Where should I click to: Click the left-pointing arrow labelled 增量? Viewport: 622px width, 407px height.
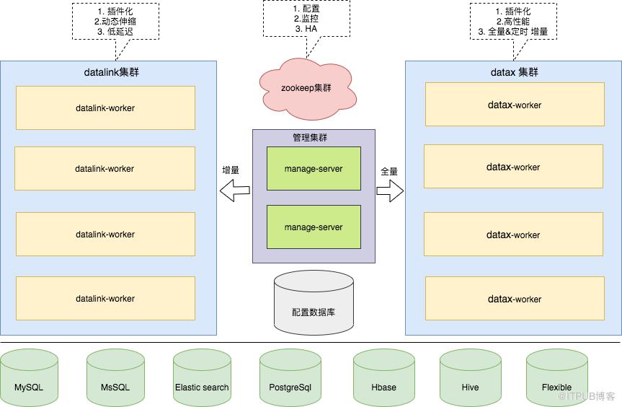coord(234,191)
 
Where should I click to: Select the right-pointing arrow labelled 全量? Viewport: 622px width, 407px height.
coord(390,191)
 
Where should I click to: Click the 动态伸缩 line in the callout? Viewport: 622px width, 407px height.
coord(115,22)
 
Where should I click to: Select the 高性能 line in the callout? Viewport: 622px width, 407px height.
coord(513,22)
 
